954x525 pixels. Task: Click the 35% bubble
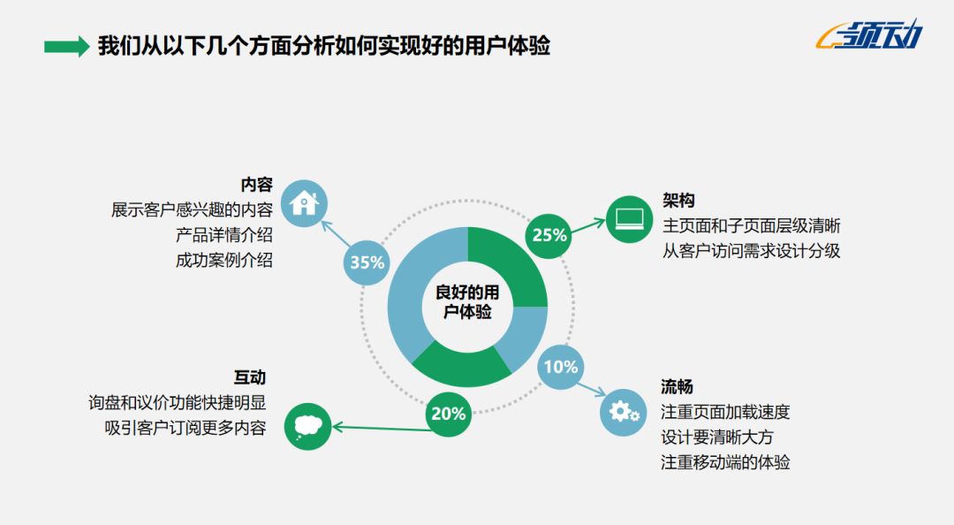coord(367,262)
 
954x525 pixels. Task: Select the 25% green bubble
coord(549,235)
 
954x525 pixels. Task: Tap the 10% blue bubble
coord(561,366)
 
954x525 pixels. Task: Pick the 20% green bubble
coord(448,414)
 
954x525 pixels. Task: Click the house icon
coord(304,202)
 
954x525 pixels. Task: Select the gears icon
coord(624,412)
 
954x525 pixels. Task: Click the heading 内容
coord(257,185)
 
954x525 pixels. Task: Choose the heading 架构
coord(678,200)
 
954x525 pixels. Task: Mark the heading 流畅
coord(678,386)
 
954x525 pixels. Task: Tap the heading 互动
coord(250,377)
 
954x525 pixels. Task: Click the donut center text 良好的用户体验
coord(467,301)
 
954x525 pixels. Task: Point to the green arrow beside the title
coord(66,46)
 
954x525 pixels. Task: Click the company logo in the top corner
coord(870,35)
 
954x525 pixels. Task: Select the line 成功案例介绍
coord(224,260)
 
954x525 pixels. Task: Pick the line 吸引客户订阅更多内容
coord(185,428)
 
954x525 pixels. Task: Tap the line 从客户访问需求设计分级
coord(751,250)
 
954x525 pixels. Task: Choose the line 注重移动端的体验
coord(725,461)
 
